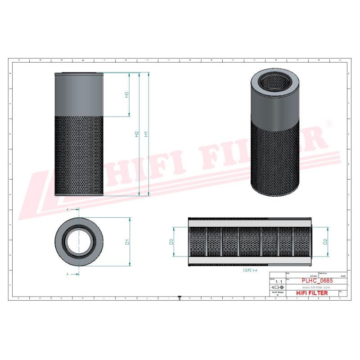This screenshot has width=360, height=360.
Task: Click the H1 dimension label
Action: pos(145,134)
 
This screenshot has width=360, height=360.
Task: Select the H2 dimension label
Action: pos(136,134)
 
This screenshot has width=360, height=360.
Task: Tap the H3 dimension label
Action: pos(127,95)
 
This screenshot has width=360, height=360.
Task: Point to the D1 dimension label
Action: pos(127,242)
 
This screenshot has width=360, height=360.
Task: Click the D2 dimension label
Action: pos(324,242)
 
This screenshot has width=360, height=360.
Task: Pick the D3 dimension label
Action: pos(171,242)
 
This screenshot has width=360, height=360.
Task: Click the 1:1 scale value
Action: pos(279,282)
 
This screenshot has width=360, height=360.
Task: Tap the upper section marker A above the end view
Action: pos(67,210)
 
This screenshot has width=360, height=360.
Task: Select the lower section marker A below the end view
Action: pos(67,274)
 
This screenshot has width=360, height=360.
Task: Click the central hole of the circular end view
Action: pos(79,242)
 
